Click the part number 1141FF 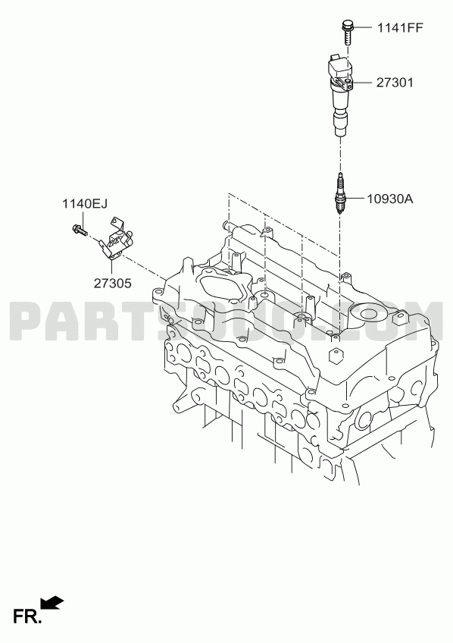[x=400, y=27]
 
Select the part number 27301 [x=395, y=83]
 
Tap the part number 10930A [x=390, y=199]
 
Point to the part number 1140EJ [x=85, y=203]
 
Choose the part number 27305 [x=113, y=283]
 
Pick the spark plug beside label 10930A [x=340, y=193]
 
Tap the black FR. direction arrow [x=52, y=602]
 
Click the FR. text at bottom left [x=27, y=616]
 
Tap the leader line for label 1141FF [x=364, y=27]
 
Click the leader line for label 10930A [x=355, y=199]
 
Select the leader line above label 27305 [x=112, y=268]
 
